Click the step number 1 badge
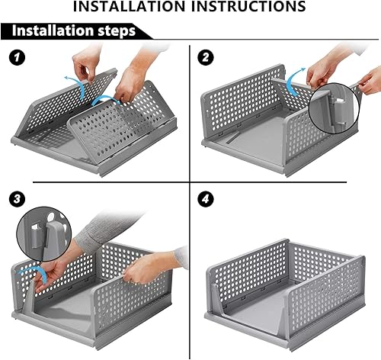tap(18, 57)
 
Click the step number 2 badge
tap(206, 57)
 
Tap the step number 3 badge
tap(17, 198)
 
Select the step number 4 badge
tap(205, 198)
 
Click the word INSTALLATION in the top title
tap(129, 6)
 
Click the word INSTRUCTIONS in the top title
tap(248, 6)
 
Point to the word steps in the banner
tap(117, 31)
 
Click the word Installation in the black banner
tap(53, 31)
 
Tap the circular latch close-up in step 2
tap(335, 109)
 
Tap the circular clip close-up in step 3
tap(44, 233)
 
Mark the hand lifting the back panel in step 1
tap(85, 63)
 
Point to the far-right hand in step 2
tap(370, 81)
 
